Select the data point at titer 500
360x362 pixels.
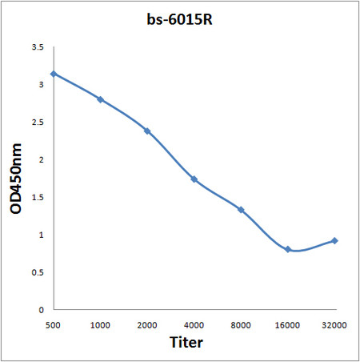click(x=54, y=74)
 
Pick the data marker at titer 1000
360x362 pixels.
click(x=100, y=99)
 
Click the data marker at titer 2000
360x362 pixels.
click(x=147, y=131)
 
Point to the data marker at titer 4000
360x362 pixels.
click(x=194, y=179)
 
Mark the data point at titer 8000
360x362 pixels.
click(x=241, y=210)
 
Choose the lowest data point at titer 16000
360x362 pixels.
click(x=288, y=249)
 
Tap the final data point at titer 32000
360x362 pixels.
click(x=334, y=240)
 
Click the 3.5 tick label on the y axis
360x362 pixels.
click(x=38, y=47)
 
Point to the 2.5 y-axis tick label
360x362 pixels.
click(x=38, y=123)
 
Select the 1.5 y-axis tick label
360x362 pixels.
click(x=38, y=197)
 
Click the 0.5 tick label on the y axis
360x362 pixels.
click(x=38, y=272)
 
